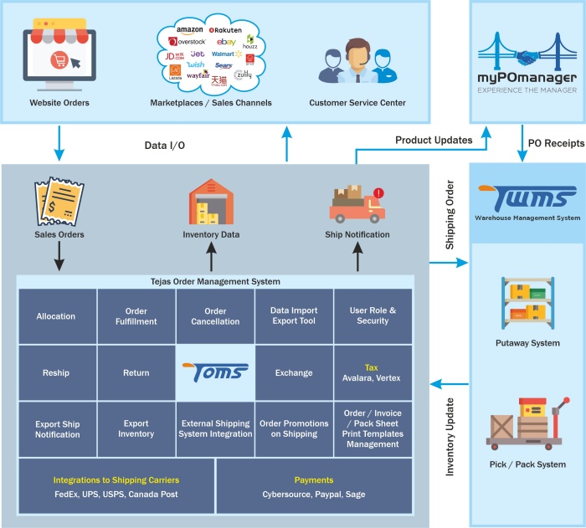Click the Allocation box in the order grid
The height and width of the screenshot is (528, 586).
[56, 316]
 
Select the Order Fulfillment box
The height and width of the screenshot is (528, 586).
[136, 316]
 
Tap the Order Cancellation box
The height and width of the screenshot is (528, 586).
[215, 316]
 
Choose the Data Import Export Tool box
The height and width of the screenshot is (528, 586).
[294, 316]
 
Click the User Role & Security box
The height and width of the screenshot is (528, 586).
[373, 316]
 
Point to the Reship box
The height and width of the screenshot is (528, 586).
[56, 373]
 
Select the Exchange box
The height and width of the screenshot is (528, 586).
[294, 373]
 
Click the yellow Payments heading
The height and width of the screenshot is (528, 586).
[314, 480]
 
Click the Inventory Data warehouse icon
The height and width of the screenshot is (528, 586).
[211, 202]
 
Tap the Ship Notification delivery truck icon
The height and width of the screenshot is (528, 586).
[357, 202]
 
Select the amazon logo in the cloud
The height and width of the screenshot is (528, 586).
[190, 30]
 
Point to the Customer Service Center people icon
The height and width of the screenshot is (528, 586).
[357, 63]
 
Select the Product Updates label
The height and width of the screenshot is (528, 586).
[434, 141]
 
